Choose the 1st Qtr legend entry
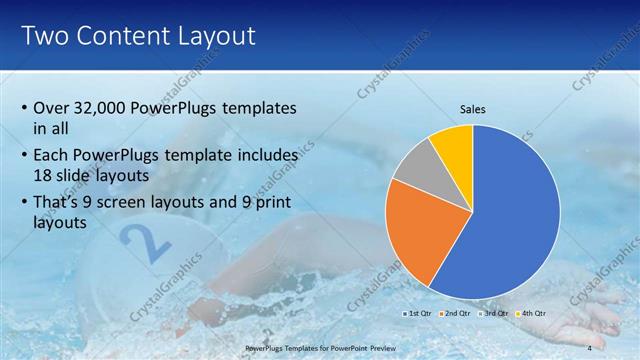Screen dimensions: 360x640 point(418,313)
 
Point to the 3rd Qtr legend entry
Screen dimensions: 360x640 point(491,313)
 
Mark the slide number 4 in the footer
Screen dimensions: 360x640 point(589,347)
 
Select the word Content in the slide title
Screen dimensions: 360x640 point(123,37)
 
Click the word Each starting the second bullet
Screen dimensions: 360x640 point(52,156)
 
